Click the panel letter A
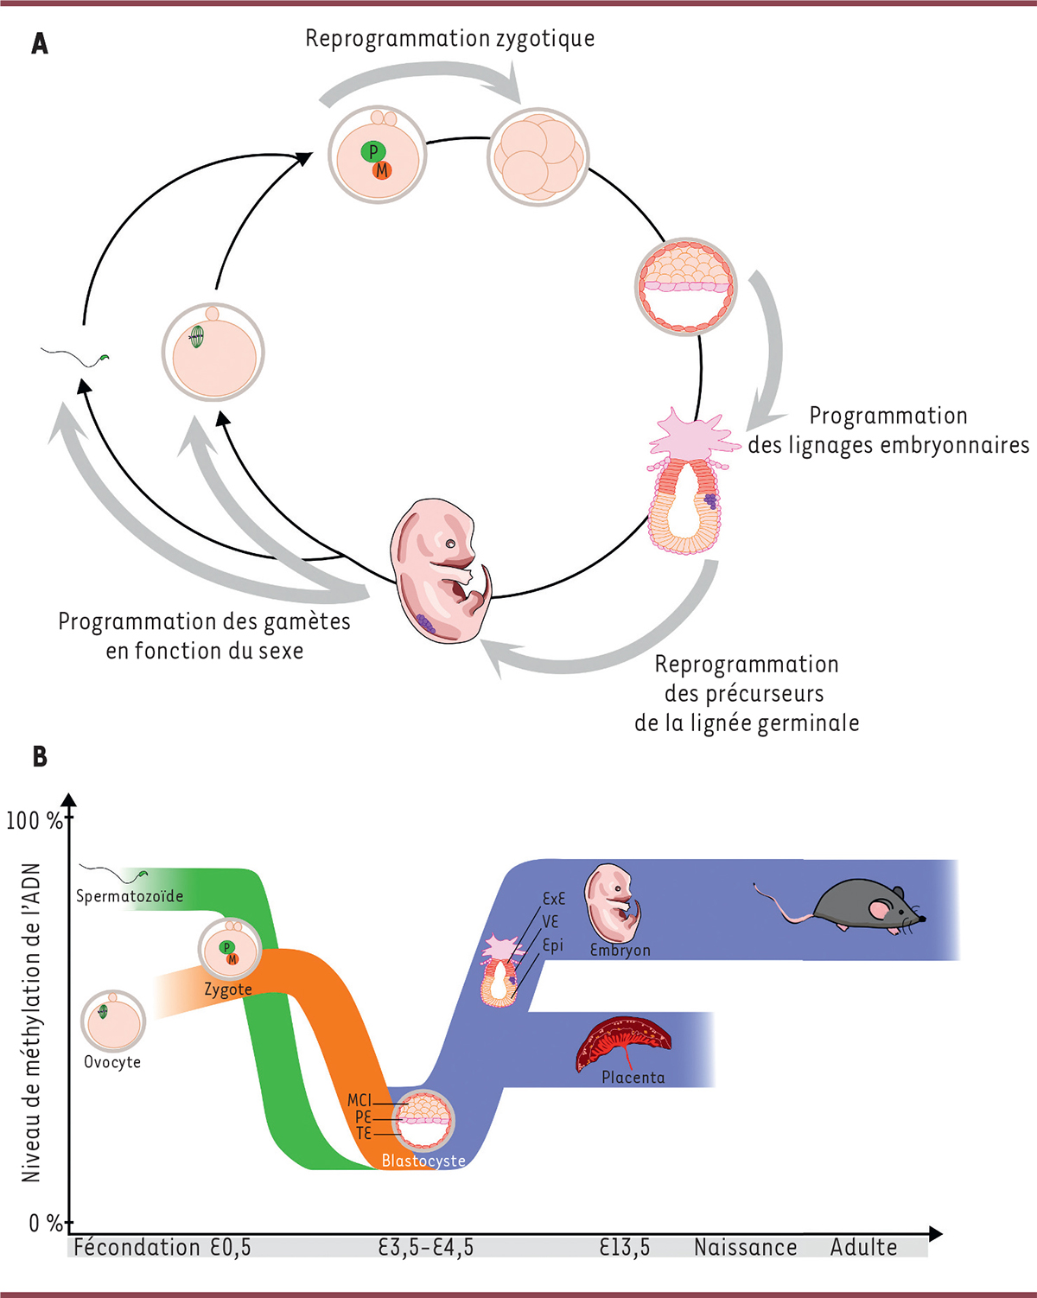pyautogui.click(x=40, y=43)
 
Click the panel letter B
pyautogui.click(x=40, y=757)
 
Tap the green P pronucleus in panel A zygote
pyautogui.click(x=372, y=152)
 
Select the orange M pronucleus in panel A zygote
pyautogui.click(x=382, y=171)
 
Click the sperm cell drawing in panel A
pyautogui.click(x=78, y=355)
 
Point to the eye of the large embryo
pyautogui.click(x=450, y=544)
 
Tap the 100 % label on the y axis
pyautogui.click(x=35, y=820)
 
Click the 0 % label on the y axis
pyautogui.click(x=45, y=1224)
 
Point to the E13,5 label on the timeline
pyautogui.click(x=625, y=1247)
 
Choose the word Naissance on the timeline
pyautogui.click(x=745, y=1247)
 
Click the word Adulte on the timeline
pyautogui.click(x=863, y=1247)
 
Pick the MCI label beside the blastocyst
pyautogui.click(x=359, y=1100)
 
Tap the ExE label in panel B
pyautogui.click(x=553, y=899)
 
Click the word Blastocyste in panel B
pyautogui.click(x=423, y=1161)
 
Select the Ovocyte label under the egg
pyautogui.click(x=112, y=1062)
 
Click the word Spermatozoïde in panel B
pyautogui.click(x=130, y=896)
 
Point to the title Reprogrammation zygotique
pyautogui.click(x=449, y=39)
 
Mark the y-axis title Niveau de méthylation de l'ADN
pyautogui.click(x=32, y=1023)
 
